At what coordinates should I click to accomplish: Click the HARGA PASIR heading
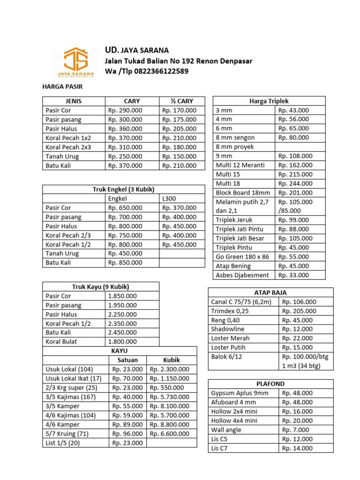point(62,87)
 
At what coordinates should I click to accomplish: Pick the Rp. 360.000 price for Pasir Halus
point(125,128)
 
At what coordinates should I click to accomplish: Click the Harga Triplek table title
point(269,101)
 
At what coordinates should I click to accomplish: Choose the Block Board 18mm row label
point(243,193)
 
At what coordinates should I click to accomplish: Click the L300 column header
point(169,198)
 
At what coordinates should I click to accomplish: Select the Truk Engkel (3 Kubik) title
point(124,189)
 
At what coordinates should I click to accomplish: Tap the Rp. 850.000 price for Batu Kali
point(125,262)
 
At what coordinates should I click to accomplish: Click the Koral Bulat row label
point(61,342)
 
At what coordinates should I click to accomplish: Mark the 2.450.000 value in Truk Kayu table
point(122,332)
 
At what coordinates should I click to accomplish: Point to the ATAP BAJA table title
point(270,292)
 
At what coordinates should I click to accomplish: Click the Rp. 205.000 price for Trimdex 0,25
point(299,311)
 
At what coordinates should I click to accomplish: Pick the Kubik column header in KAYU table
point(172,360)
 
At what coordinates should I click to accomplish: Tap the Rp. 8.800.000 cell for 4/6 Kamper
point(170,425)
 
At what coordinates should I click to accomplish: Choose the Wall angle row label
point(227,430)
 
